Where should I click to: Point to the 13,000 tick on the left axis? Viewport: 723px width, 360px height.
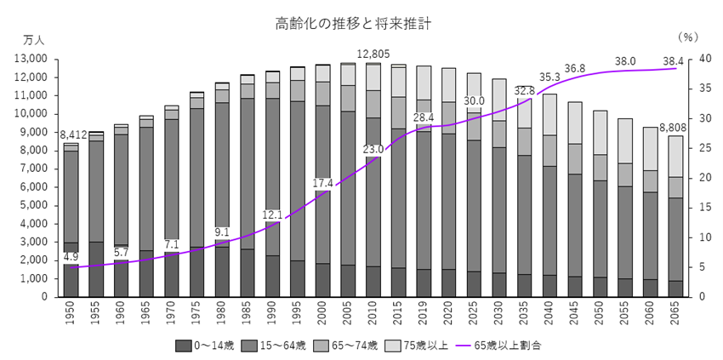[x=31, y=59]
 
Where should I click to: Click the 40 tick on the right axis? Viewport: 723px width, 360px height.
[x=692, y=59]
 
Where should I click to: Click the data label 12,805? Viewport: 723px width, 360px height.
[x=373, y=53]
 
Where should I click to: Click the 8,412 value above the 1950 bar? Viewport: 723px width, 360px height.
[x=71, y=134]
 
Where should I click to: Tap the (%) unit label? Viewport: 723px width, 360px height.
[x=688, y=38]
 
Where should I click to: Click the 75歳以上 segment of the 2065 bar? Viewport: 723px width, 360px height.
[x=675, y=156]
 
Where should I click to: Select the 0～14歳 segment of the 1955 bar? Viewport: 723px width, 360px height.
[x=97, y=269]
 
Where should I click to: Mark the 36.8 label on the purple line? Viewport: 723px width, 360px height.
[x=574, y=68]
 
